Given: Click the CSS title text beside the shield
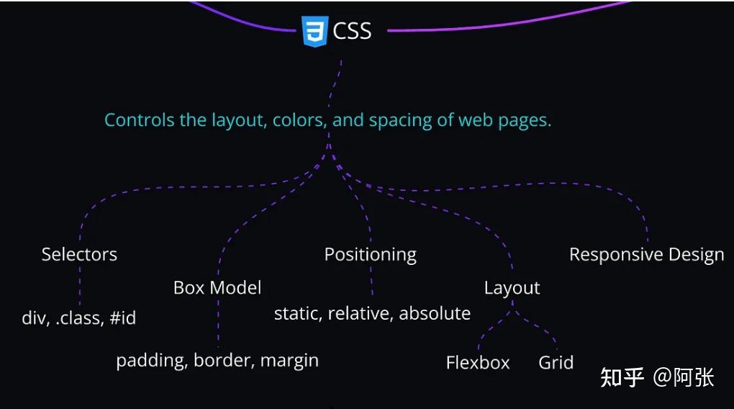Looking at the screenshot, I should click(352, 31).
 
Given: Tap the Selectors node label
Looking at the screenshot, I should click(79, 254).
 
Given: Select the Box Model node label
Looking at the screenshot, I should click(217, 288).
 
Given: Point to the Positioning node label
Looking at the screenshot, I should click(370, 254).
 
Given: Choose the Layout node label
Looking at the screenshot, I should click(512, 288).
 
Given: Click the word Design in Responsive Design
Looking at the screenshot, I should click(695, 255).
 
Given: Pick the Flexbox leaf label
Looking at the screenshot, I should click(478, 362).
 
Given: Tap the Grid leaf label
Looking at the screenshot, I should click(556, 362).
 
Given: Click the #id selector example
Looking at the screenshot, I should click(122, 318).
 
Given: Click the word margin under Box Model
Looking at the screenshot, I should click(289, 361).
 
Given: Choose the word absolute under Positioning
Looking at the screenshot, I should click(435, 314).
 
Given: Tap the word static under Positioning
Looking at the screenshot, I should click(298, 314).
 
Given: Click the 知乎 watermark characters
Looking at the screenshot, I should click(622, 377).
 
